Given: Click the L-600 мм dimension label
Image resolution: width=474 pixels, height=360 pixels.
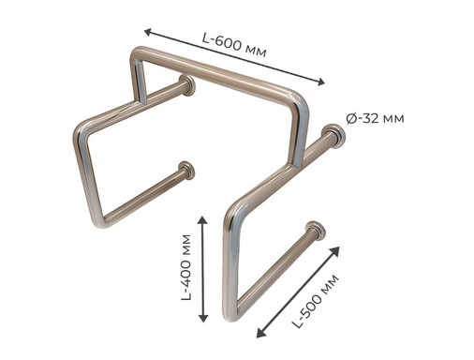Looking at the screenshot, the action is pos(234,46).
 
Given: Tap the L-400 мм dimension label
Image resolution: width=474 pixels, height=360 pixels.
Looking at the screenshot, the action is pos(186,267).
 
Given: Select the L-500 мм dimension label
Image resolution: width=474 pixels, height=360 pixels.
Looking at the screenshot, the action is pos(316,301).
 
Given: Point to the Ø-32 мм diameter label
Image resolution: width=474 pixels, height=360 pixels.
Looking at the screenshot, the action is pos(375,118).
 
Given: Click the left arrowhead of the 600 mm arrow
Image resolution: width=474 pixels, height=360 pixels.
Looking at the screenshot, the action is pos(148,32).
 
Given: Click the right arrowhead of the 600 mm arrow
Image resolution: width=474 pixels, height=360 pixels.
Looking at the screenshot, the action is pos(320,82).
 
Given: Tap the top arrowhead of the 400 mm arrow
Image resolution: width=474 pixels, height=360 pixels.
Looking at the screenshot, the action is pos(203,220).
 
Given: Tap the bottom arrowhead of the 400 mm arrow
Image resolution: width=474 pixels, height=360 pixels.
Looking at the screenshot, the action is pos(203,318).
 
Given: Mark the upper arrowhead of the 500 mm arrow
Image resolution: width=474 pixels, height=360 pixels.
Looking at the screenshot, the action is pos(335,250).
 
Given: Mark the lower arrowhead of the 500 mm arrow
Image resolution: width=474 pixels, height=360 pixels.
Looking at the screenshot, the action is pos(260,333).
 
